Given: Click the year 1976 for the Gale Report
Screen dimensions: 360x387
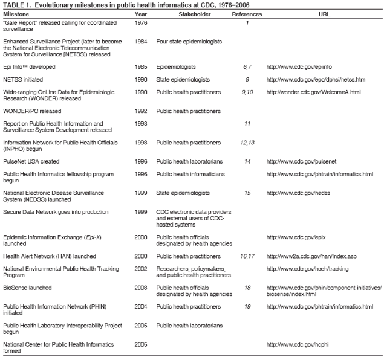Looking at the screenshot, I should pyautogui.click(x=140, y=23).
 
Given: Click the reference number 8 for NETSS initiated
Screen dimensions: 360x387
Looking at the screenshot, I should pyautogui.click(x=247, y=79).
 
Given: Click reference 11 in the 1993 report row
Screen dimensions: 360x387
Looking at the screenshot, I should pyautogui.click(x=247, y=123).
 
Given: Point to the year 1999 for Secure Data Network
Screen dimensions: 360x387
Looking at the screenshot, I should pyautogui.click(x=140, y=212).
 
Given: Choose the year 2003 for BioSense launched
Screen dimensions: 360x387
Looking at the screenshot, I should pyautogui.click(x=140, y=288).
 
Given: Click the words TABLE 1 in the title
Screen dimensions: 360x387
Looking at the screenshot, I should pyautogui.click(x=16, y=5).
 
